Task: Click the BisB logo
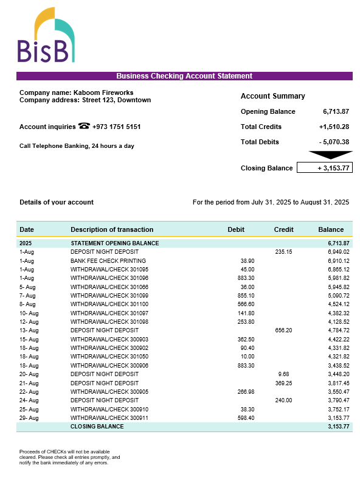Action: tap(46, 36)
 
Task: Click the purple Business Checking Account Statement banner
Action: tap(184, 76)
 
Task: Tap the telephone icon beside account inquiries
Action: tap(85, 127)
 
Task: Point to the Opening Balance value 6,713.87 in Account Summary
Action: tap(336, 111)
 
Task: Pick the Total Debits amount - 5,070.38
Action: tap(334, 142)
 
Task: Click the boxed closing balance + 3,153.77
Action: tap(325, 168)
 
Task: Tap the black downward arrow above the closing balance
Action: tap(330, 155)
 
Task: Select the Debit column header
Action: tap(236, 229)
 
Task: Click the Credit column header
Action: tap(283, 229)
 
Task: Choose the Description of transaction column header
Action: tap(112, 229)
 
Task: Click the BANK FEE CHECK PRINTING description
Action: tap(105, 260)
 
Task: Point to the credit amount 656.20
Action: tap(283, 330)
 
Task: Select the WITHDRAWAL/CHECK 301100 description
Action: tap(109, 304)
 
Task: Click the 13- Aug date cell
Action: tap(29, 330)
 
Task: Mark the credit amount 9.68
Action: tap(283, 374)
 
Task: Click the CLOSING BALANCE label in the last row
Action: tap(97, 427)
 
